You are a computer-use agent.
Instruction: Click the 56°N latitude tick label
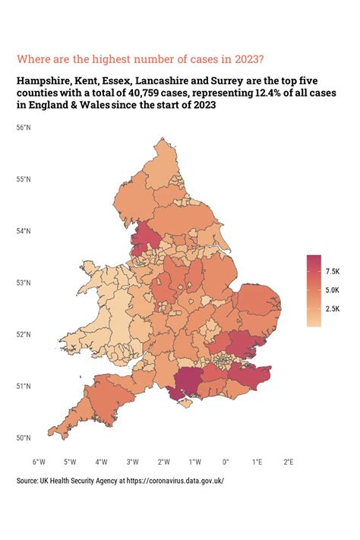(x=24, y=128)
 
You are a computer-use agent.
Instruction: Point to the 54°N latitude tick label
(x=24, y=231)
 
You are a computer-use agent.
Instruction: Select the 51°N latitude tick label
(x=24, y=386)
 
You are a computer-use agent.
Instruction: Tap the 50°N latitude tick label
(x=24, y=437)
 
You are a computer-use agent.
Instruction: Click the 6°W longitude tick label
(x=39, y=461)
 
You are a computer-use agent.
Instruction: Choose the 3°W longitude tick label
(x=132, y=461)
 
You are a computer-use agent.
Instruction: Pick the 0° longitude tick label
(x=226, y=461)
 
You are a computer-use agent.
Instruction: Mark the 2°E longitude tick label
(x=289, y=461)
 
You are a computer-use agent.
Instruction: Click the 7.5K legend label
(x=333, y=271)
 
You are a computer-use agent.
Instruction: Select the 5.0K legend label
(x=333, y=290)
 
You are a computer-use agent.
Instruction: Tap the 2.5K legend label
(x=333, y=308)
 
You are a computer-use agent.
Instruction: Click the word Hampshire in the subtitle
(x=44, y=80)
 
